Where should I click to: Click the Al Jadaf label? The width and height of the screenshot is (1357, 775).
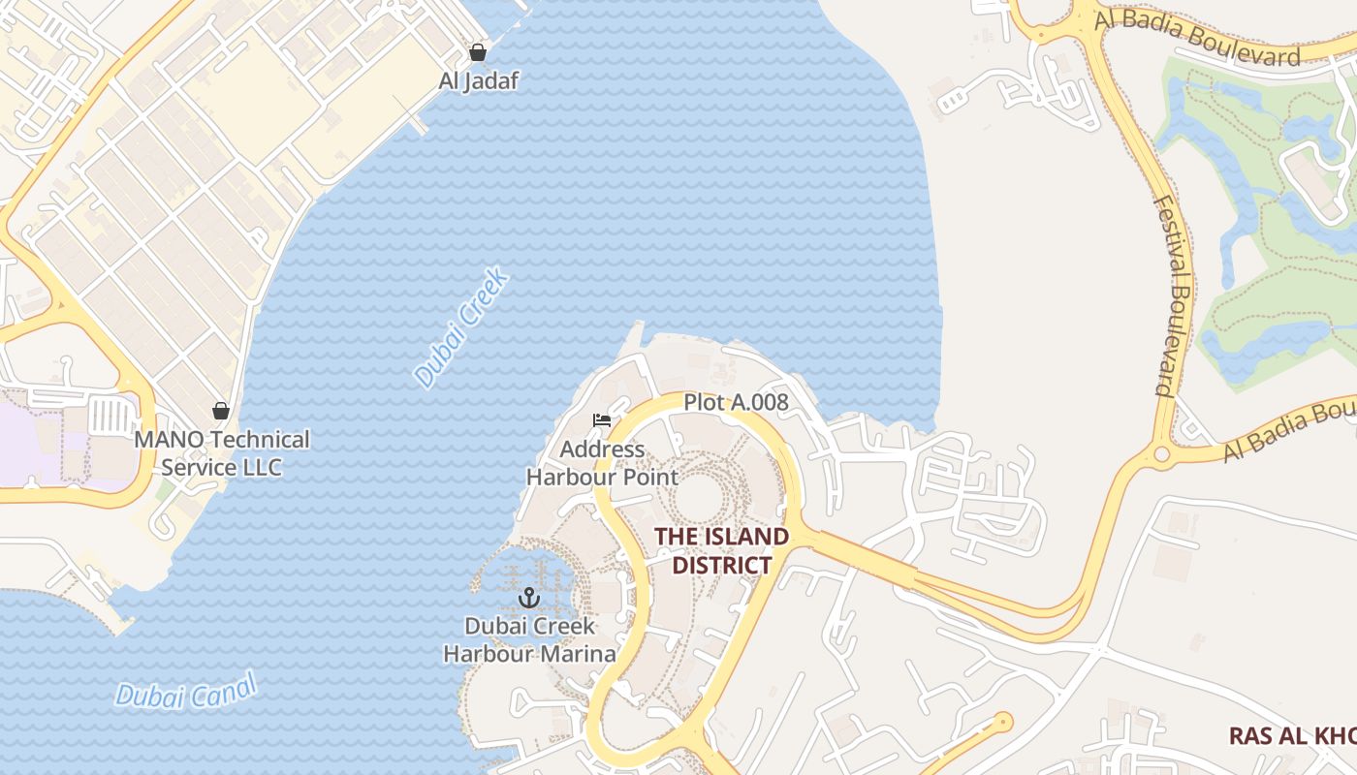478,80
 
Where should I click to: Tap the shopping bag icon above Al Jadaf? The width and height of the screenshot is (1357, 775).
478,51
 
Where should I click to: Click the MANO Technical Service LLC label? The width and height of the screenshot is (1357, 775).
221,453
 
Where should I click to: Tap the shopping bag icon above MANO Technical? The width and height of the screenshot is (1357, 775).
221,411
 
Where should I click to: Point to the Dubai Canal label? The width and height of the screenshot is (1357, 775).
186,691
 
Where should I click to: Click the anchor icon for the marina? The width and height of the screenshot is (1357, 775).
529,597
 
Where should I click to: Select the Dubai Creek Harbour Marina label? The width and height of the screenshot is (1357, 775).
529,639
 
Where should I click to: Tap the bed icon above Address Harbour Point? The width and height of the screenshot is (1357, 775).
602,420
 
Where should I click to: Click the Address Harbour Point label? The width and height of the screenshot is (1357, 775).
602,463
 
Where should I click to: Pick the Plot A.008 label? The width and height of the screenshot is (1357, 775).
736,402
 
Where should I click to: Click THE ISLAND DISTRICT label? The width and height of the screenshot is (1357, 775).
721,550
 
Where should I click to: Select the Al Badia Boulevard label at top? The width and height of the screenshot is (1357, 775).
1197,39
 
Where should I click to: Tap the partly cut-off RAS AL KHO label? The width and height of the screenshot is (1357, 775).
1292,736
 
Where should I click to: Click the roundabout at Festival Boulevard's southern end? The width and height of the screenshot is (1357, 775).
1160,454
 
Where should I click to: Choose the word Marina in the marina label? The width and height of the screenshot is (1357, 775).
579,654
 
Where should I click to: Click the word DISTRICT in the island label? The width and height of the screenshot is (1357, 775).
722,565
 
